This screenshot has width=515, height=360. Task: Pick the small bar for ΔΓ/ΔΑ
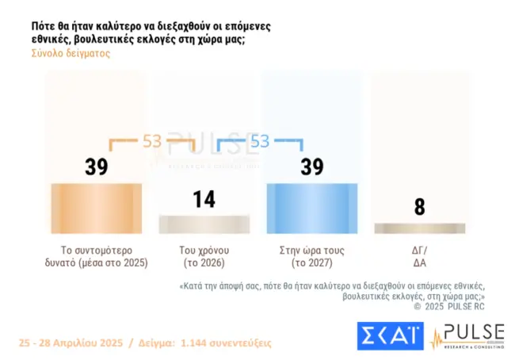point(419,228)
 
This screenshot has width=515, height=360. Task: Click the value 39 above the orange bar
point(96,167)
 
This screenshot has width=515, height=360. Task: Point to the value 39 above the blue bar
point(312,167)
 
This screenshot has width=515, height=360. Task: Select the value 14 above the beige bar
point(204,198)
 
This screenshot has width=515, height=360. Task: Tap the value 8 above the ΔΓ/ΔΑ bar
point(419,207)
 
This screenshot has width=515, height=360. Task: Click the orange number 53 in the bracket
point(151,141)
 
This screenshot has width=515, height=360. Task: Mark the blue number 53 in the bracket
point(259,141)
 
